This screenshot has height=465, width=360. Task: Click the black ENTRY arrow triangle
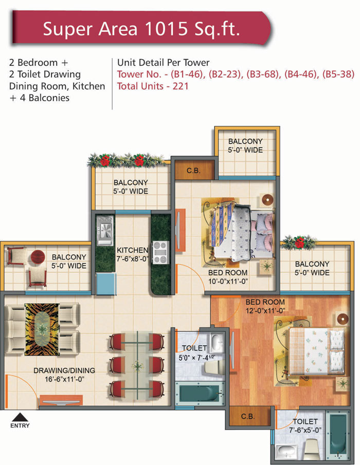[x=20, y=417]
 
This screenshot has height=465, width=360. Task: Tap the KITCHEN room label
[x=132, y=250]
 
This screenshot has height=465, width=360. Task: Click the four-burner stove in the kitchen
[x=160, y=252]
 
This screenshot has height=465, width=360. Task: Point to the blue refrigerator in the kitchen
[x=105, y=284]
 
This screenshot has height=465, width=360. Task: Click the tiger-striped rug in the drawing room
[x=42, y=329]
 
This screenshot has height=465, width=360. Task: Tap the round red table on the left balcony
[x=38, y=257]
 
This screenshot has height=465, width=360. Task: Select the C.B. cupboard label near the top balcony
[x=193, y=171]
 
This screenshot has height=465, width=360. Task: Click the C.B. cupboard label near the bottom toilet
[x=248, y=416]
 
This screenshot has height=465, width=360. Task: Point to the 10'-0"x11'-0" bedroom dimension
[x=228, y=282]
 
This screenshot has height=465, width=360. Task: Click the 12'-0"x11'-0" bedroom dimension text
[x=265, y=311]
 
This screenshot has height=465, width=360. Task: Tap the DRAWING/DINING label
[x=64, y=370]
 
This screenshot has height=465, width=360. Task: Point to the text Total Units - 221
[x=153, y=86]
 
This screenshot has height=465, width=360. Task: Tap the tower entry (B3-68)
[x=263, y=74]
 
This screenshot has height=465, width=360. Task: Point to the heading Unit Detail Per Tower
[x=163, y=63]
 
